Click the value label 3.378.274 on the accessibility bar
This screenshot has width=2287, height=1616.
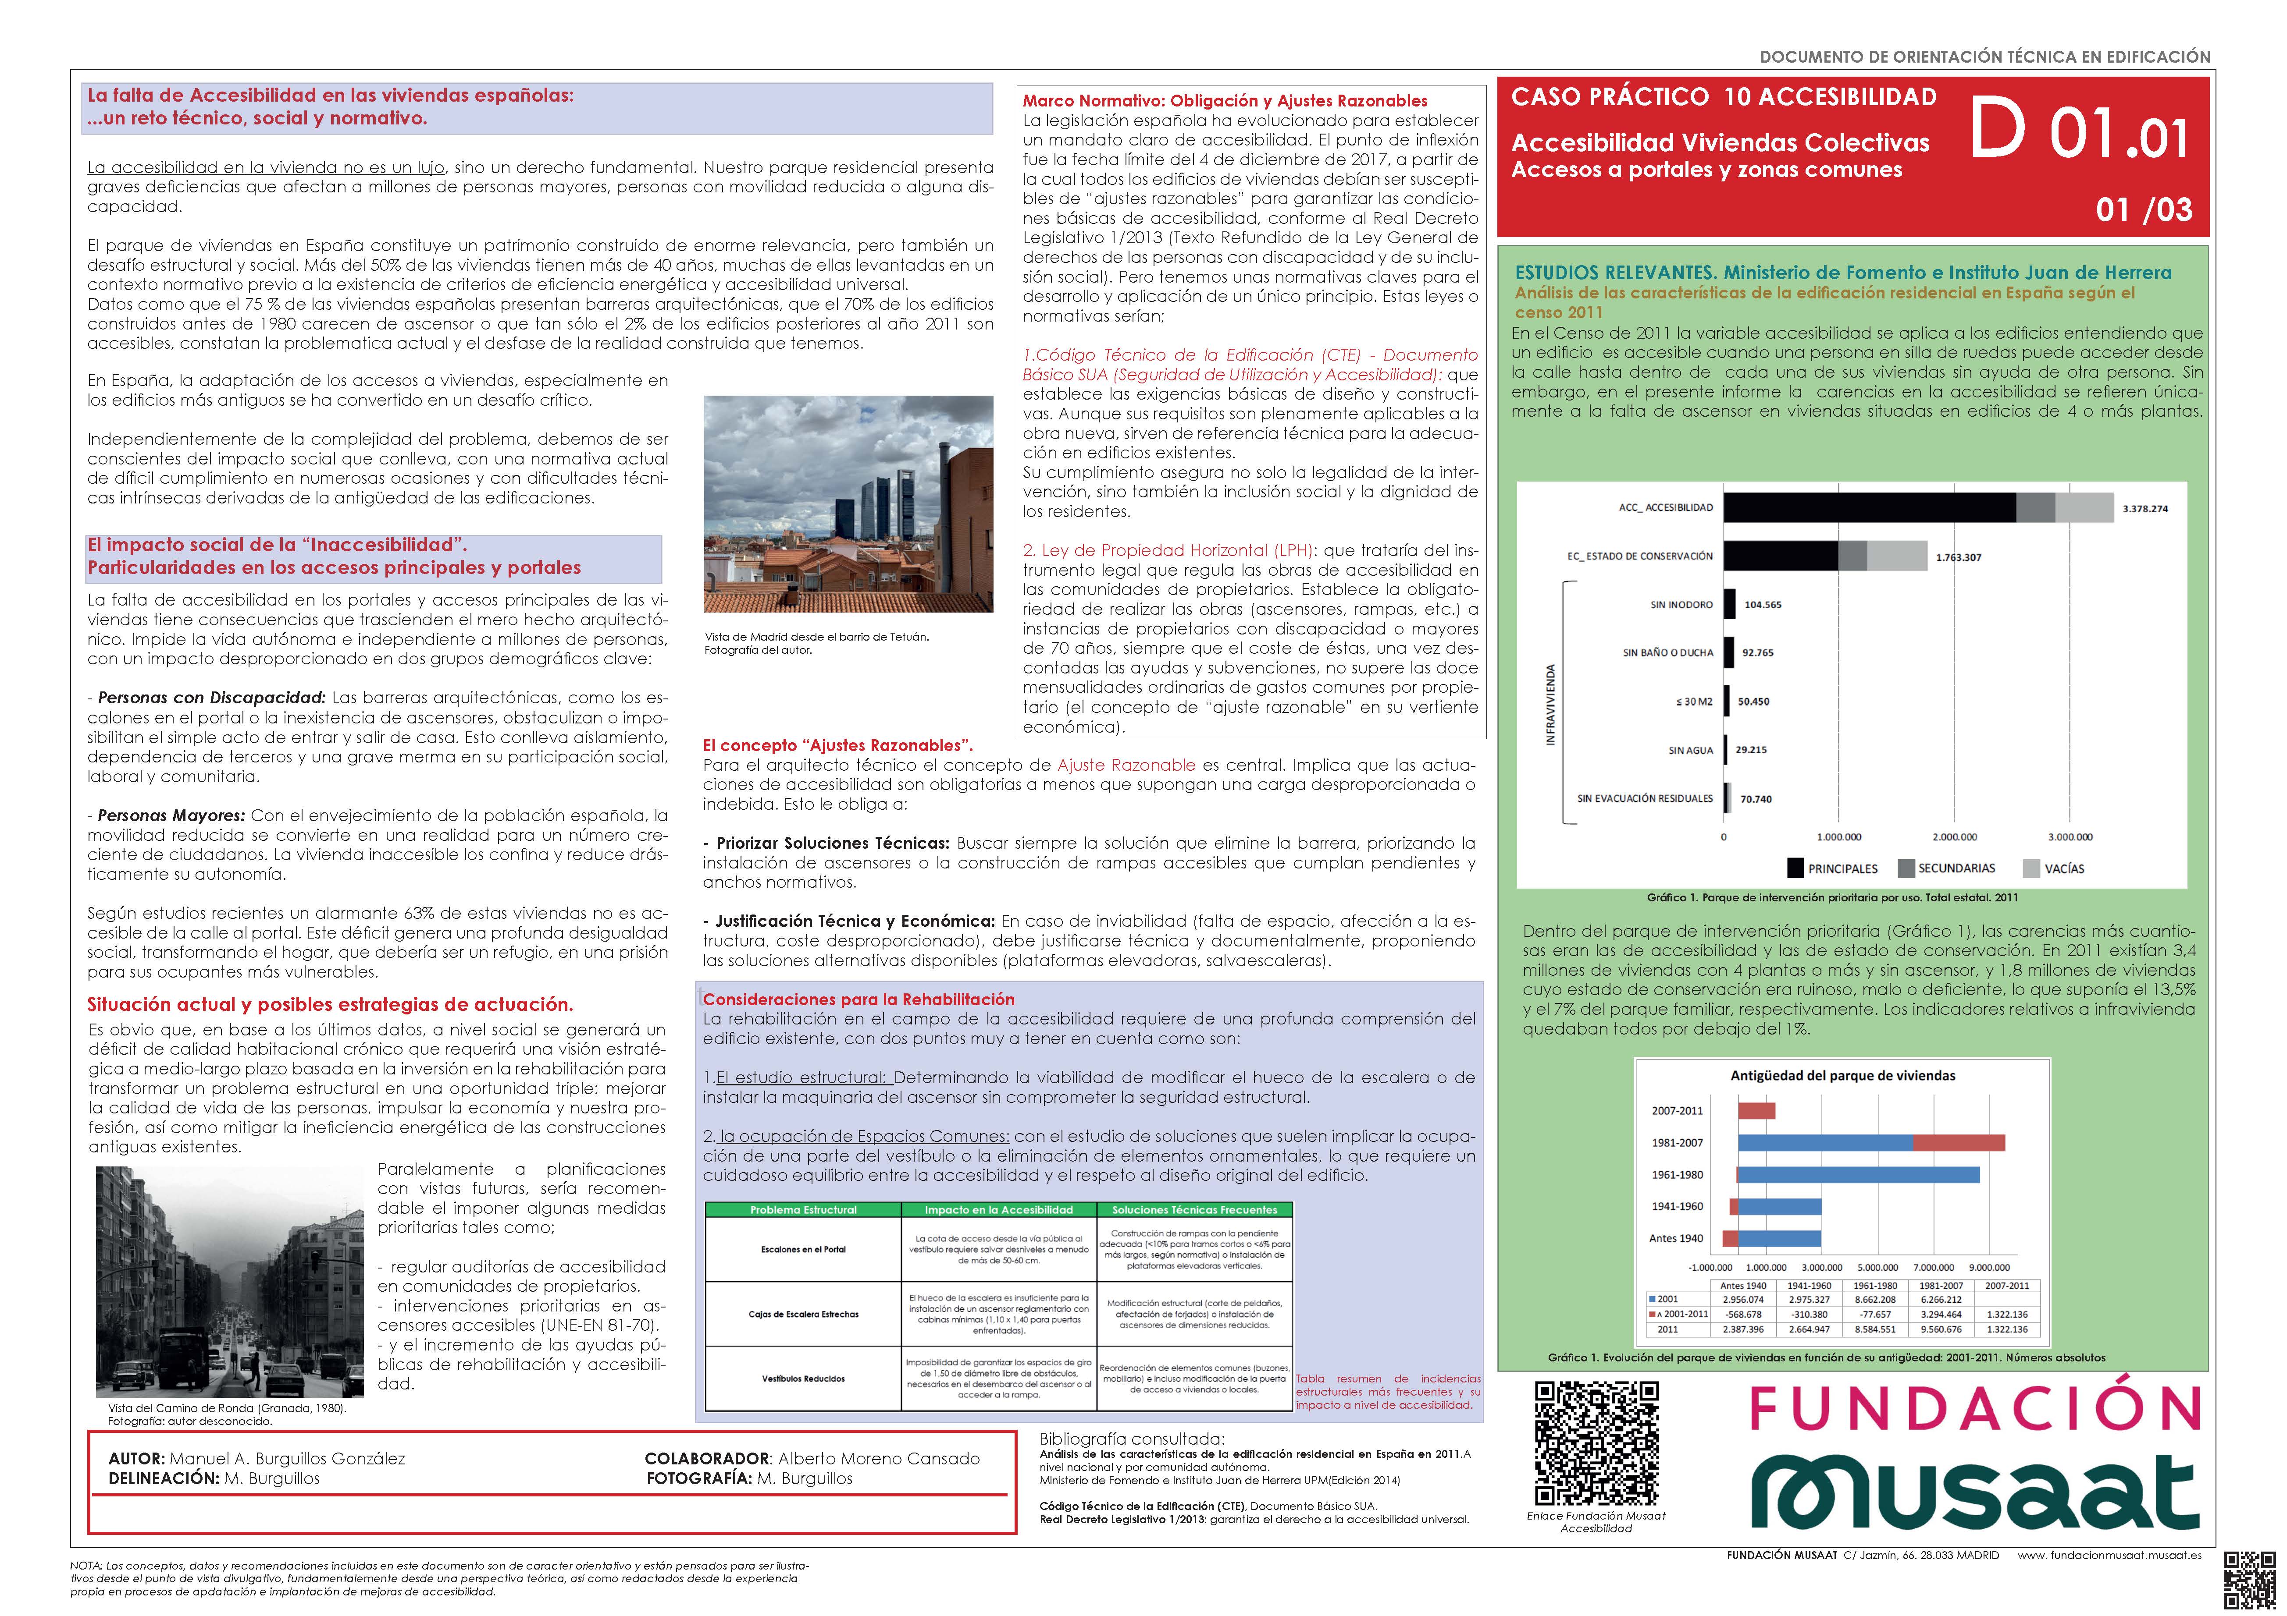click(2145, 509)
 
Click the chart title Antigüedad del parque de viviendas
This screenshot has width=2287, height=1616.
click(1843, 1075)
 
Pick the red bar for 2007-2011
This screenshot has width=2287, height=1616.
click(1756, 1110)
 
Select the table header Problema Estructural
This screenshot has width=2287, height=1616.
click(803, 1210)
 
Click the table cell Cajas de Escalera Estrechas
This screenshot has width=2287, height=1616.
click(803, 1314)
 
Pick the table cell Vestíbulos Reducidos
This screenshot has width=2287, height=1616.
click(803, 1379)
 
